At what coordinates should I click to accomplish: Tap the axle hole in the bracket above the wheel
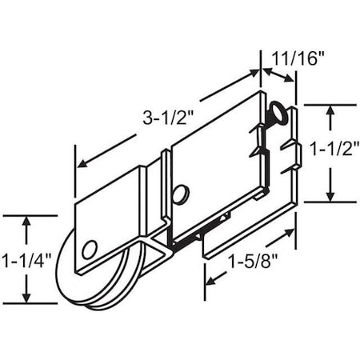pyautogui.click(x=90, y=248)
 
